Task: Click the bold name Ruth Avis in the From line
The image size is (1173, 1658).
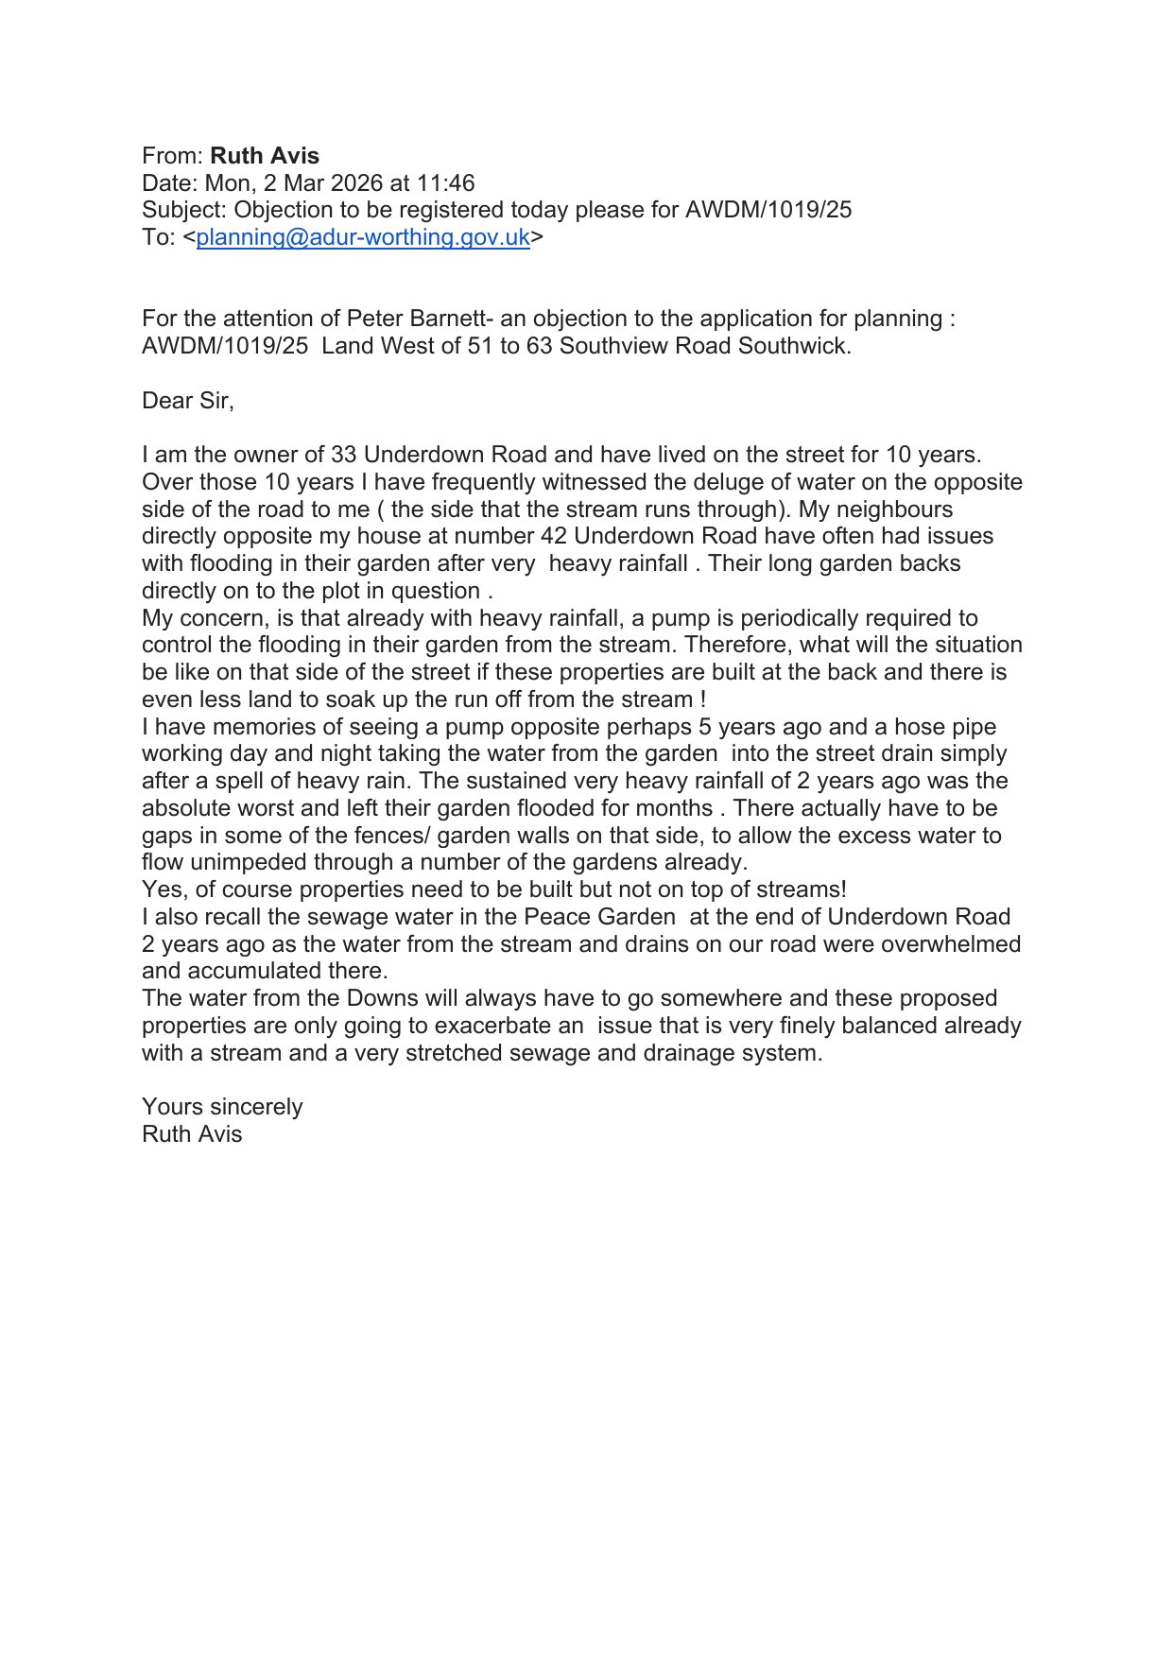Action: coord(265,156)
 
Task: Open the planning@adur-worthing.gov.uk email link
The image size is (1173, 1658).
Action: coord(363,237)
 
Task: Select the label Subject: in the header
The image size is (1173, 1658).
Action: coord(184,210)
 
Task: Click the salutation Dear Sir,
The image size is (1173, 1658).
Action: coord(187,401)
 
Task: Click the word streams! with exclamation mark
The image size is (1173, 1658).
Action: coord(802,889)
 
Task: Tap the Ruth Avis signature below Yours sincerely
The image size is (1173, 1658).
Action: coord(192,1134)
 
